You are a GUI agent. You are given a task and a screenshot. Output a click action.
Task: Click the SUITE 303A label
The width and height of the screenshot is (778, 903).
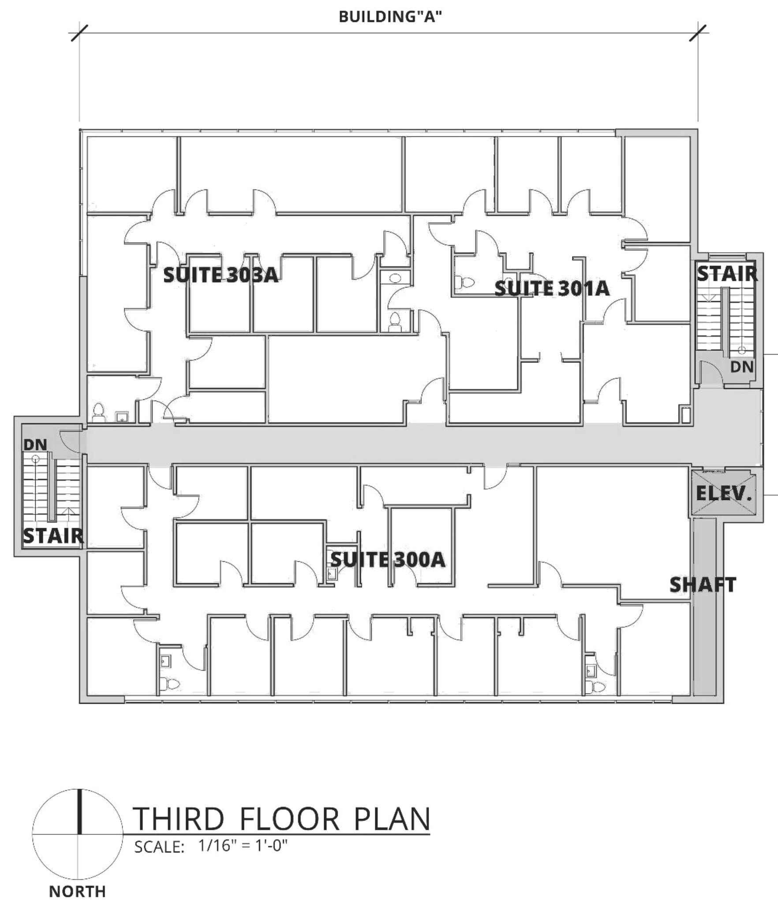(x=221, y=275)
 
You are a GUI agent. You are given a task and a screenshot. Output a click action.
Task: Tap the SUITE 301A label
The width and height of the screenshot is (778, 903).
(x=552, y=289)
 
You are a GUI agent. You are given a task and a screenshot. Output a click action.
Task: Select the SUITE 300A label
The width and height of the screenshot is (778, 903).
(x=388, y=560)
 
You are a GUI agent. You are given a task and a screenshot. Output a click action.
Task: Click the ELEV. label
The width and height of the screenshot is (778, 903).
(x=723, y=493)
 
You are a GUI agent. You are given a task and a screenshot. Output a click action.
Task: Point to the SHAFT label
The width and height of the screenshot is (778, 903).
(x=703, y=585)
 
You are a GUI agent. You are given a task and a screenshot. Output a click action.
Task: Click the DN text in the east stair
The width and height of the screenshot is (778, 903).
(x=742, y=366)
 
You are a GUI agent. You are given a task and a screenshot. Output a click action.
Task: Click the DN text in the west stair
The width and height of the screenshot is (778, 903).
(x=35, y=445)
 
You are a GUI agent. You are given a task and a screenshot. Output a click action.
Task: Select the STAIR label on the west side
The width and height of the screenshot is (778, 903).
(x=53, y=536)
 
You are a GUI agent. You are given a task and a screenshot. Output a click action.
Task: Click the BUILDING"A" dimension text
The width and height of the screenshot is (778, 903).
(x=390, y=17)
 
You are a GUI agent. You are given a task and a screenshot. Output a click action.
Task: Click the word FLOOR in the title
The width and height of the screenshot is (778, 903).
(x=289, y=819)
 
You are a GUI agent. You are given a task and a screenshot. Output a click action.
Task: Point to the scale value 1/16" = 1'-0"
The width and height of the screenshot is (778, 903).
(x=243, y=846)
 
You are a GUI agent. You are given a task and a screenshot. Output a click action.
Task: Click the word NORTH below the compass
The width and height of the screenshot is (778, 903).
(x=77, y=892)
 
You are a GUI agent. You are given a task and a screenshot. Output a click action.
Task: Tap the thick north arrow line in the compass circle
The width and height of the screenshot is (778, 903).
(x=79, y=812)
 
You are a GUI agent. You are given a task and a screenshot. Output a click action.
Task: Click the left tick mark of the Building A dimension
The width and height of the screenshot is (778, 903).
(x=79, y=33)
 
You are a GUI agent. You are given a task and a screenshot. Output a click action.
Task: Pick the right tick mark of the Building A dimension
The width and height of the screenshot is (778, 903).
(x=698, y=33)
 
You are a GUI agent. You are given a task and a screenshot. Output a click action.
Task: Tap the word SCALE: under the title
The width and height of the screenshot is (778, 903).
(x=159, y=847)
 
